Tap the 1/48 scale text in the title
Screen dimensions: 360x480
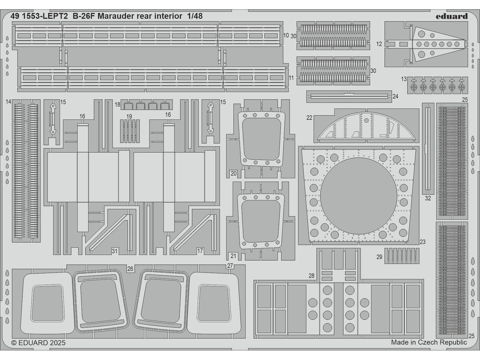click(194, 16)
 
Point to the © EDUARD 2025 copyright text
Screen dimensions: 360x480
click(38, 342)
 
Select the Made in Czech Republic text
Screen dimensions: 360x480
click(429, 342)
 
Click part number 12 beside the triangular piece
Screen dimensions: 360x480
click(379, 44)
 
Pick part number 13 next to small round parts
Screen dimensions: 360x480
click(404, 78)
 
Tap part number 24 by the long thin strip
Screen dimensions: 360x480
click(395, 96)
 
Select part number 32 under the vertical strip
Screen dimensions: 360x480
click(428, 198)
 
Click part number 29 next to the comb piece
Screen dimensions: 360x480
click(379, 257)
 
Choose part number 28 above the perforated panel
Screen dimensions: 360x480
click(312, 276)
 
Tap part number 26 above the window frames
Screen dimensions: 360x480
click(130, 269)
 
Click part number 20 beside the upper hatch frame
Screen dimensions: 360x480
click(233, 173)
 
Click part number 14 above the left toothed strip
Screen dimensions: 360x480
click(8, 102)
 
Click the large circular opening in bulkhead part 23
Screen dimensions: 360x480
click(358, 194)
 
